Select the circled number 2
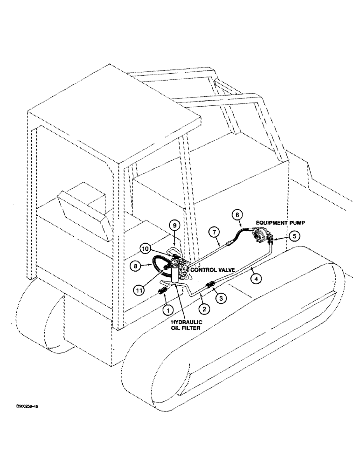pyautogui.click(x=204, y=308)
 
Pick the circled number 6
pyautogui.click(x=237, y=215)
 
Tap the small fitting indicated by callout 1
pyautogui.click(x=162, y=292)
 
